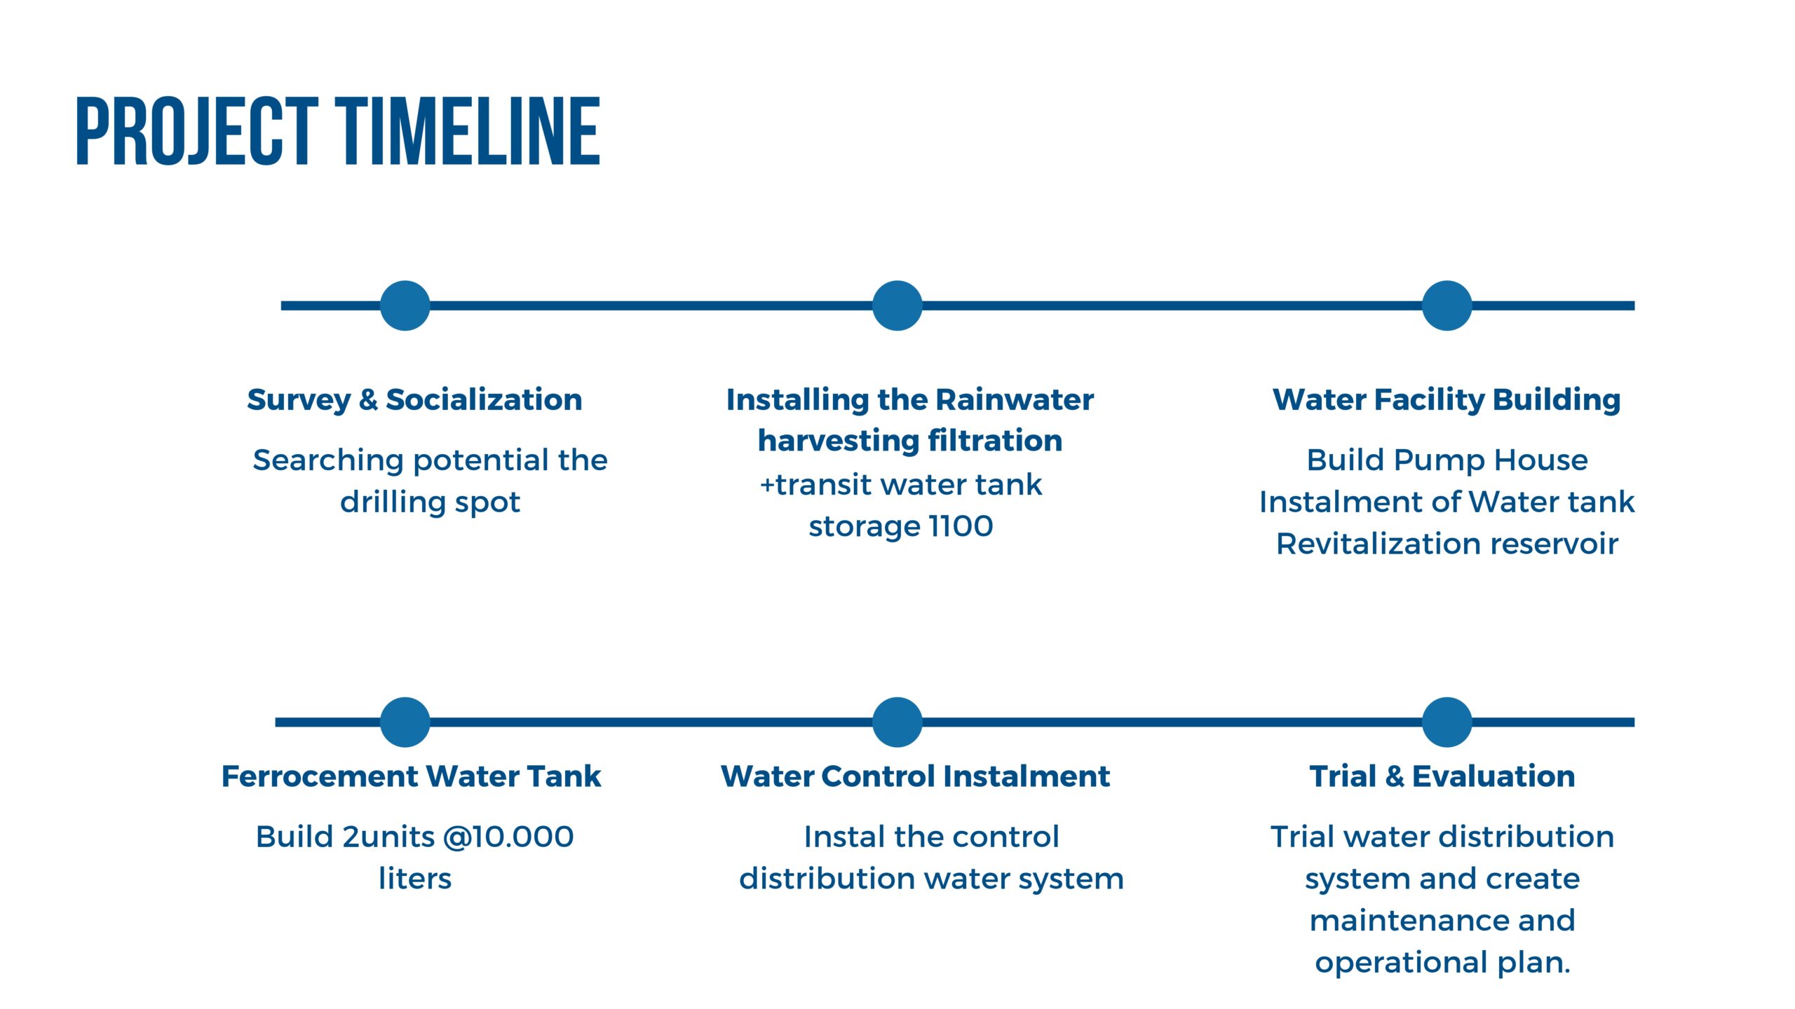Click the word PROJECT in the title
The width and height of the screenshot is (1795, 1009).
197,132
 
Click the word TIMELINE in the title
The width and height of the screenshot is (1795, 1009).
468,132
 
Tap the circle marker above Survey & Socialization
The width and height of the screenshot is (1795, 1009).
405,306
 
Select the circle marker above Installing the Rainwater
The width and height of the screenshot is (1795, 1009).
897,306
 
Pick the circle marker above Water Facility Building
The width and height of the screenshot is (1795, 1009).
1447,306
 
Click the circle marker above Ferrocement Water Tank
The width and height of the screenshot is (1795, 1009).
405,722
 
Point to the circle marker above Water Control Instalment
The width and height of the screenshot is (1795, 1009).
897,722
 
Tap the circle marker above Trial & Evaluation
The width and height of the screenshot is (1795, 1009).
1447,722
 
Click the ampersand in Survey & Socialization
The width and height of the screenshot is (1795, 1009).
368,399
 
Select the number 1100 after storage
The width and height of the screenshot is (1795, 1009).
961,526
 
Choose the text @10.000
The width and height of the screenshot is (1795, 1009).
508,837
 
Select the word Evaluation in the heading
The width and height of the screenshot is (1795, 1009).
1493,776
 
